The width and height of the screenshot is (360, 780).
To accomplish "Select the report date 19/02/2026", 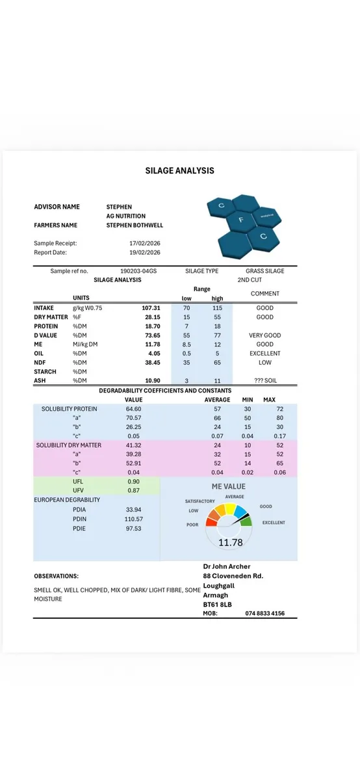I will (x=144, y=252).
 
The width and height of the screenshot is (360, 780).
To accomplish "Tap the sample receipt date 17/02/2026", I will (x=144, y=243).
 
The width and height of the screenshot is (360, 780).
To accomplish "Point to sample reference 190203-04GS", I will (x=140, y=271).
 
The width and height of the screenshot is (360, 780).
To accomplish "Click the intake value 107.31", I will (x=151, y=307).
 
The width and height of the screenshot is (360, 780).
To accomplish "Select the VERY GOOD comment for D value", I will (x=264, y=335).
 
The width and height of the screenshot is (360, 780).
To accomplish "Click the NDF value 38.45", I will (x=151, y=362).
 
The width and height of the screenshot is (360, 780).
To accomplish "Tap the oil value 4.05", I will (x=153, y=353).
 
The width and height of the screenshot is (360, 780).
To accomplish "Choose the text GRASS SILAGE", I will (x=264, y=271).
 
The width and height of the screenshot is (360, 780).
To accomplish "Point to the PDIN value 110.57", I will (x=133, y=519).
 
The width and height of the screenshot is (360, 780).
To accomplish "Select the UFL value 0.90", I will (x=133, y=482).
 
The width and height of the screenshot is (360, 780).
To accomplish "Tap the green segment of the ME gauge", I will (x=246, y=521).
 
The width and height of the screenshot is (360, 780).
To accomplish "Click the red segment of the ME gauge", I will (x=212, y=521).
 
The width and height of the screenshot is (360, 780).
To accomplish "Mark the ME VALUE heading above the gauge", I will (x=229, y=486).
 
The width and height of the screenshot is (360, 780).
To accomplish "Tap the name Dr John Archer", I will (x=226, y=566).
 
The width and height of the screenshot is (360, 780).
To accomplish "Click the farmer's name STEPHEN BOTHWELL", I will (x=135, y=225).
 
